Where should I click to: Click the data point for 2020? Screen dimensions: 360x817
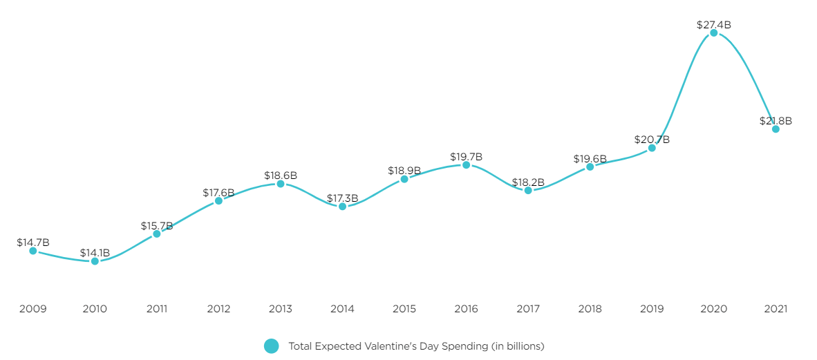tap(713, 33)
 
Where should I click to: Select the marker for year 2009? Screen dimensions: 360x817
tap(33, 251)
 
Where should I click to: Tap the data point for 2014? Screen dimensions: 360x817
tap(343, 207)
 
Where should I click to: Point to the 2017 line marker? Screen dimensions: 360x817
tap(528, 190)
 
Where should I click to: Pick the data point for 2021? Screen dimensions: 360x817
tap(776, 129)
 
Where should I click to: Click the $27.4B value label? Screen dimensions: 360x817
tap(713, 25)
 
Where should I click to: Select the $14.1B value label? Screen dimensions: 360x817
tap(95, 253)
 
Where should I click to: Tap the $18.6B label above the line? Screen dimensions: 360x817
tap(281, 176)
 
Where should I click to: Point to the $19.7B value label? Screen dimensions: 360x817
tap(466, 157)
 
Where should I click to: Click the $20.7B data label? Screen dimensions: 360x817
tap(652, 140)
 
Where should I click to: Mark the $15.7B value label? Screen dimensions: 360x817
tap(156, 226)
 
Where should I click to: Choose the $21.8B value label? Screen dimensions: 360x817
tap(776, 121)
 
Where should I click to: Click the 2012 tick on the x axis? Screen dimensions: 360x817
tap(218, 309)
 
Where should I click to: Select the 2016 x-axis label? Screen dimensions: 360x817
tap(466, 309)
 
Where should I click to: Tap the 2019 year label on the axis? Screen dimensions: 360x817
tap(652, 309)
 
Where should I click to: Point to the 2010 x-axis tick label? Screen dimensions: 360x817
tap(95, 309)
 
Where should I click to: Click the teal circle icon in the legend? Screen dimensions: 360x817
tap(272, 346)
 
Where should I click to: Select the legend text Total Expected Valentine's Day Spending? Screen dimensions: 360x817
tap(416, 346)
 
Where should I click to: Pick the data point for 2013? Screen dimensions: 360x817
tap(281, 184)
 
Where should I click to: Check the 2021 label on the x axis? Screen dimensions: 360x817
tap(776, 309)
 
